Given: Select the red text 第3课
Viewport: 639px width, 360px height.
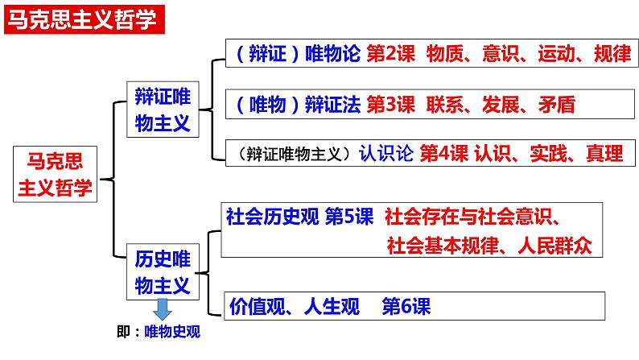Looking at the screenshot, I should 390,104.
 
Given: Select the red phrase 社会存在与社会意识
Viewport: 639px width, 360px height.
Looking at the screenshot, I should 472,217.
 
